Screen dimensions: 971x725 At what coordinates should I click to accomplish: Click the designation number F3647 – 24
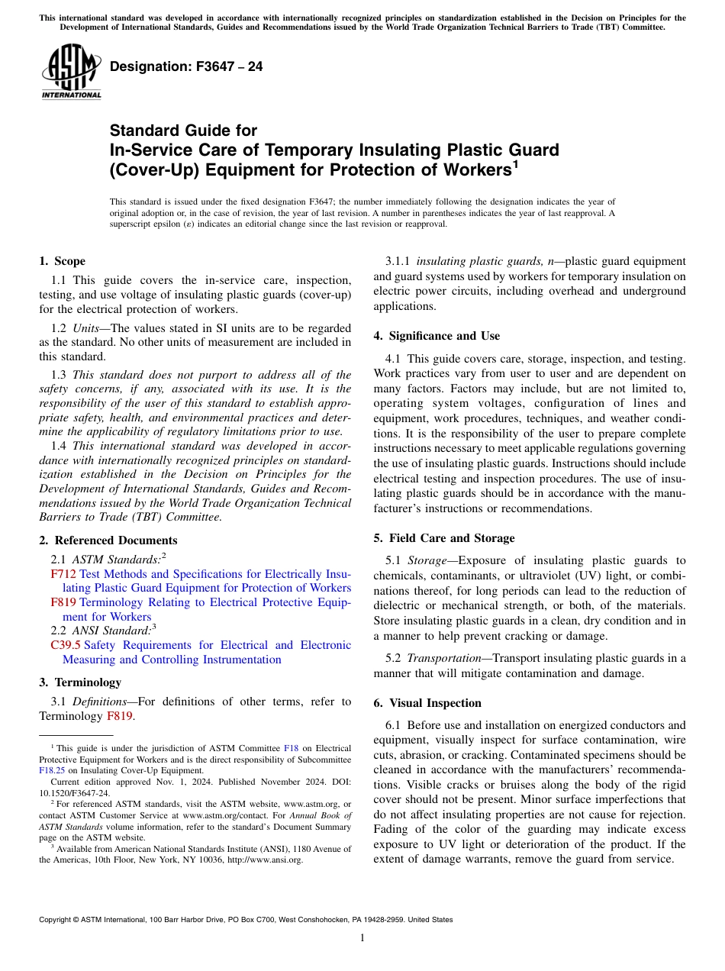tap(186, 67)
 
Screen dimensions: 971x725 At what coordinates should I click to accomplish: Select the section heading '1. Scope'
tap(62, 261)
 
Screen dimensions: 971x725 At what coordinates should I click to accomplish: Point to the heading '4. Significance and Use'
tap(437, 336)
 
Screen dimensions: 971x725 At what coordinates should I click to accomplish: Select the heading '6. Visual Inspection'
tap(427, 703)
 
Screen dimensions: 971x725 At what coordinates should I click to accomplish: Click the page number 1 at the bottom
tap(362, 938)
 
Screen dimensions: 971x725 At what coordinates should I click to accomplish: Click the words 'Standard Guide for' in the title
tap(183, 131)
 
